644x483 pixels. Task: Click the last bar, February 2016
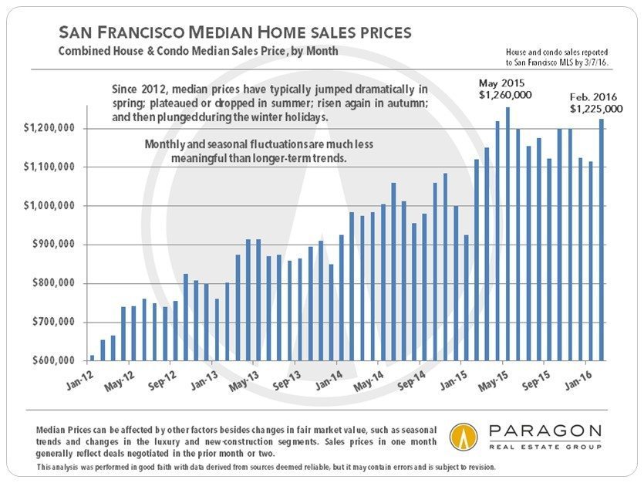click(602, 240)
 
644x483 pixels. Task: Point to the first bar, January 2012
click(92, 358)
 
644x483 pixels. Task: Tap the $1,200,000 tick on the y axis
click(52, 128)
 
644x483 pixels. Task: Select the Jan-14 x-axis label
click(329, 380)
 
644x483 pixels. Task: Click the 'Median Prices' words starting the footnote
click(63, 429)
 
